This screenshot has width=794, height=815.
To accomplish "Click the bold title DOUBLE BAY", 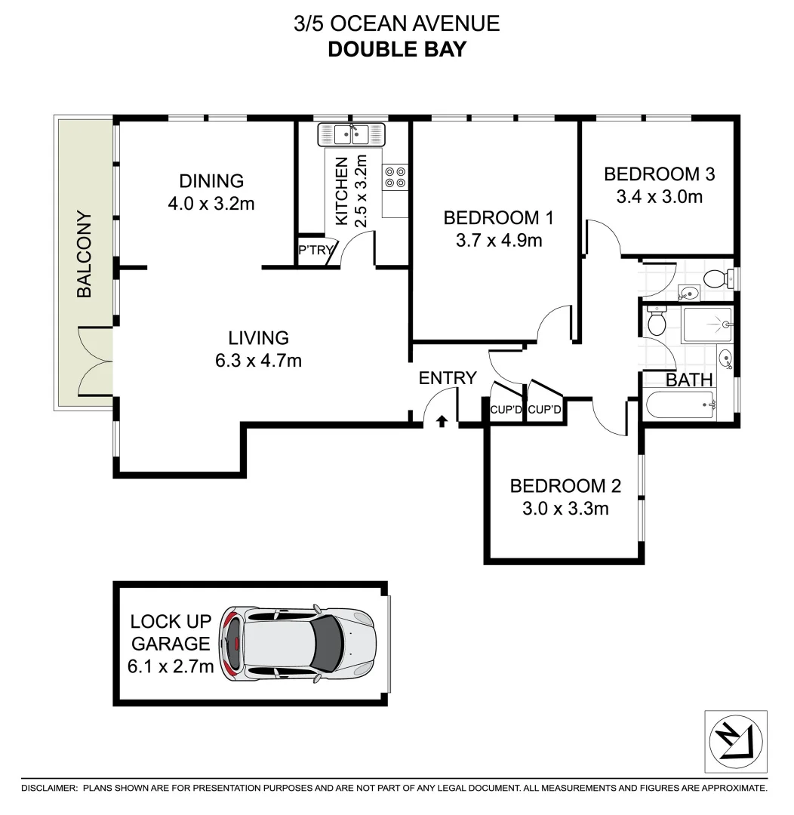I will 396,49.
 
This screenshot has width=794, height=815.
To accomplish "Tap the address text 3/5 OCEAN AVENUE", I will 396,23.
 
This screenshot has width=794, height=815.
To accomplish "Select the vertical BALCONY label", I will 84,254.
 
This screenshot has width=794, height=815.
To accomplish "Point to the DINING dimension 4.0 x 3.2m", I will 211,203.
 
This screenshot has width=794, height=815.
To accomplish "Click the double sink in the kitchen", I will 352,134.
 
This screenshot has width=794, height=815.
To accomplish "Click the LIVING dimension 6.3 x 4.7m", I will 258,361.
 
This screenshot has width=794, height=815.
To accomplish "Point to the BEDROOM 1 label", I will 498,218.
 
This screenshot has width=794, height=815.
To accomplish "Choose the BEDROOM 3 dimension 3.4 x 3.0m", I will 659,197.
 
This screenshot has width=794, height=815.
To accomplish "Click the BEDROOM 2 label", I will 565,486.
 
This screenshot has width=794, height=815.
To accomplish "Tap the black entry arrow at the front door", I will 442,421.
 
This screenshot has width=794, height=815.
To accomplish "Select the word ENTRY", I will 448,378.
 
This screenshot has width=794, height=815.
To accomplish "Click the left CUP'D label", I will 506,410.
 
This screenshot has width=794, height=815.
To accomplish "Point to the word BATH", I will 689,380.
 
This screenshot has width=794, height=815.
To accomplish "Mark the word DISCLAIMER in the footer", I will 49,788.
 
